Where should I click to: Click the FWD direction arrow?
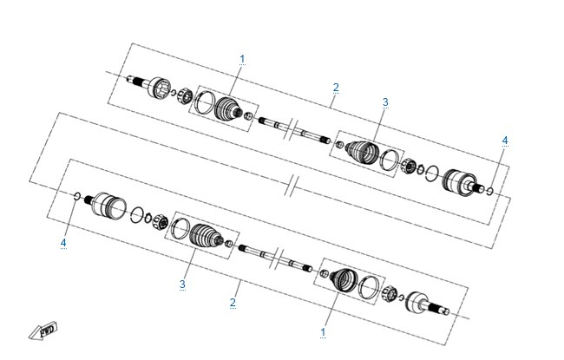pyautogui.click(x=43, y=331)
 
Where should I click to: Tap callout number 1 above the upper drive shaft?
pyautogui.click(x=242, y=59)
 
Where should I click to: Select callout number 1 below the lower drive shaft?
pyautogui.click(x=323, y=332)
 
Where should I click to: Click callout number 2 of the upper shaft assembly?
pyautogui.click(x=336, y=88)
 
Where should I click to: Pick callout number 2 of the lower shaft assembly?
pyautogui.click(x=233, y=303)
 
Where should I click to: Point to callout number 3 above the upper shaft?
pyautogui.click(x=385, y=102)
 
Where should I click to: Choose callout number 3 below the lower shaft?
pyautogui.click(x=182, y=285)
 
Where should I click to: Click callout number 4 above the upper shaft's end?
pyautogui.click(x=505, y=141)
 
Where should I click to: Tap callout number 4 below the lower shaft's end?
pyautogui.click(x=63, y=243)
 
